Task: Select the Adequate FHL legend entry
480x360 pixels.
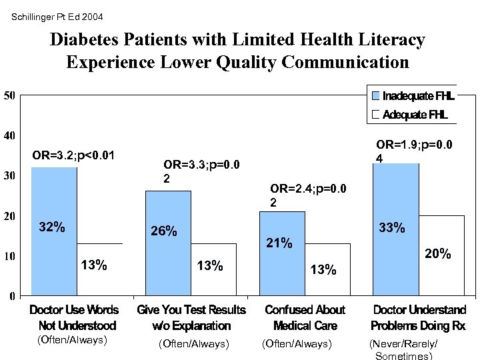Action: [409, 115]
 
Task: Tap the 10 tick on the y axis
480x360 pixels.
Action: [9, 255]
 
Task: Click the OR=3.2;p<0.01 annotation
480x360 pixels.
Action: [73, 156]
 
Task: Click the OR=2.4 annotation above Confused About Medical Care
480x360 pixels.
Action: [308, 195]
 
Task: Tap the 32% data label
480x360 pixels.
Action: [52, 227]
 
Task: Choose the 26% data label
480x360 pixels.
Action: [164, 231]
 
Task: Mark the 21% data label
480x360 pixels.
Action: [279, 243]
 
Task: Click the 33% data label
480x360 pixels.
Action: [392, 227]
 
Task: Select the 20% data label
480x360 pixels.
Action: [439, 254]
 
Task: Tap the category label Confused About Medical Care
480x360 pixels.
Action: [305, 317]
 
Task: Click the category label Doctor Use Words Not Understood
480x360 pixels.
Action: [73, 317]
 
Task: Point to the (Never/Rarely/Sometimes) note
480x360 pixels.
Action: [404, 349]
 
